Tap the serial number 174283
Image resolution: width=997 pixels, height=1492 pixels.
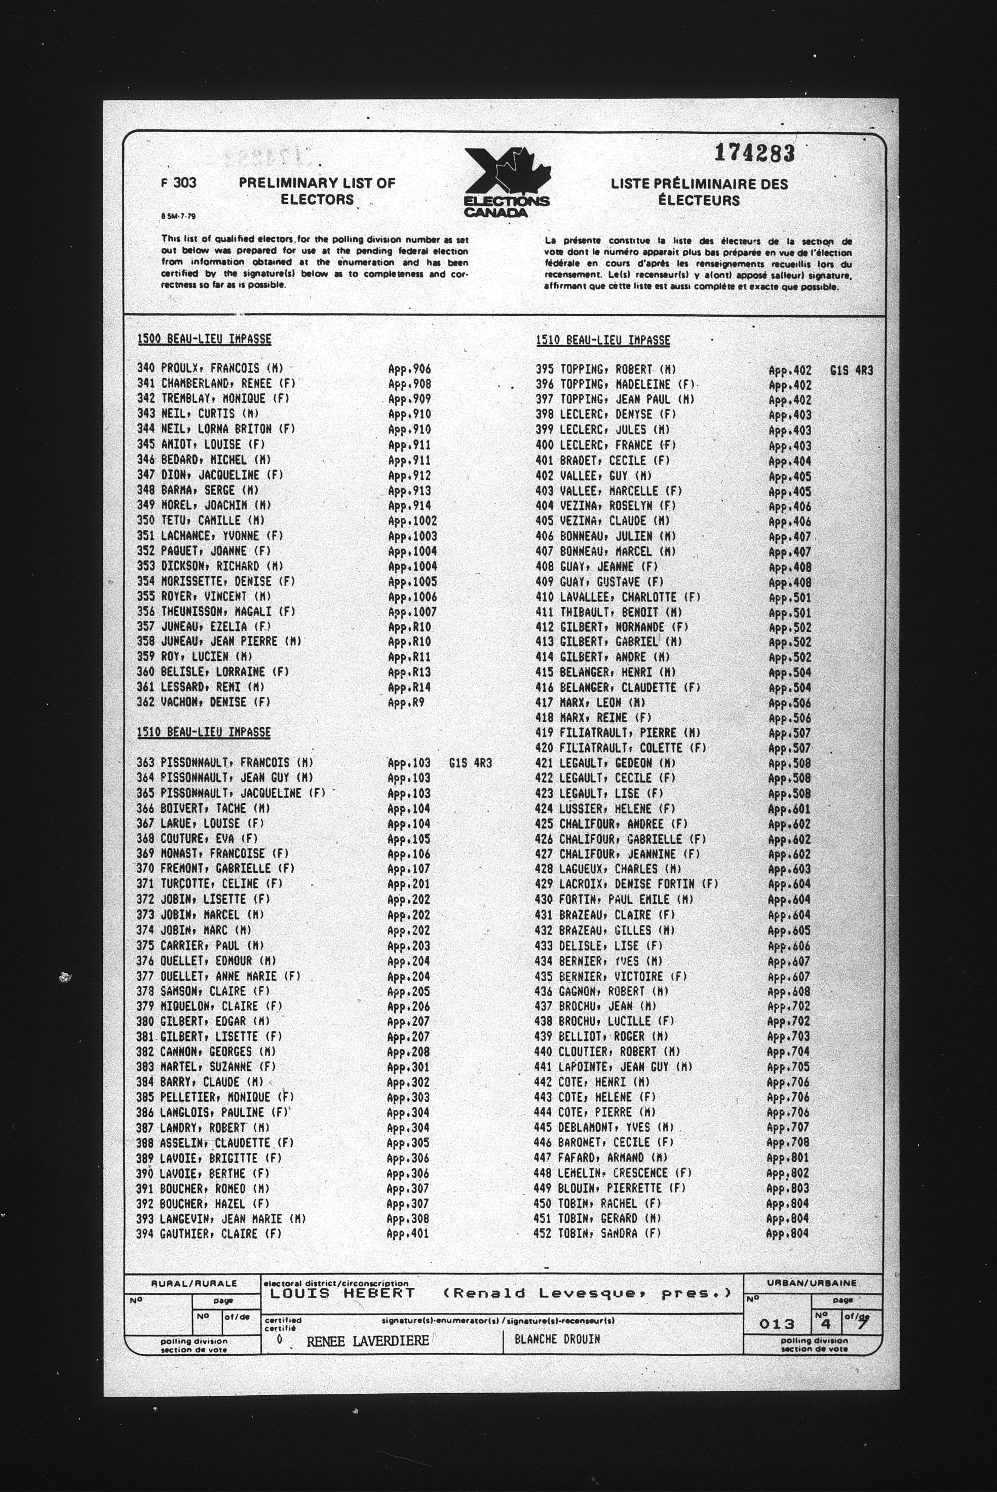click(754, 153)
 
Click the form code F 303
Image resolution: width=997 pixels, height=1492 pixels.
click(179, 183)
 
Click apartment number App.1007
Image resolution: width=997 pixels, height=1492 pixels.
click(412, 612)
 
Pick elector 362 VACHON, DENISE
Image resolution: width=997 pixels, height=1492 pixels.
click(204, 702)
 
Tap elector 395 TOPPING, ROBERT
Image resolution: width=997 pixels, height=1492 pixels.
click(605, 369)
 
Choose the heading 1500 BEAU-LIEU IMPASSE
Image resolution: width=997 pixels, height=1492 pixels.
click(204, 339)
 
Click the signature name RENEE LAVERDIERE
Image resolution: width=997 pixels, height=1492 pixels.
click(367, 1342)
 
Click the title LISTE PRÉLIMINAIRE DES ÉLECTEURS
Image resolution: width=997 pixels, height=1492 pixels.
click(700, 192)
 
